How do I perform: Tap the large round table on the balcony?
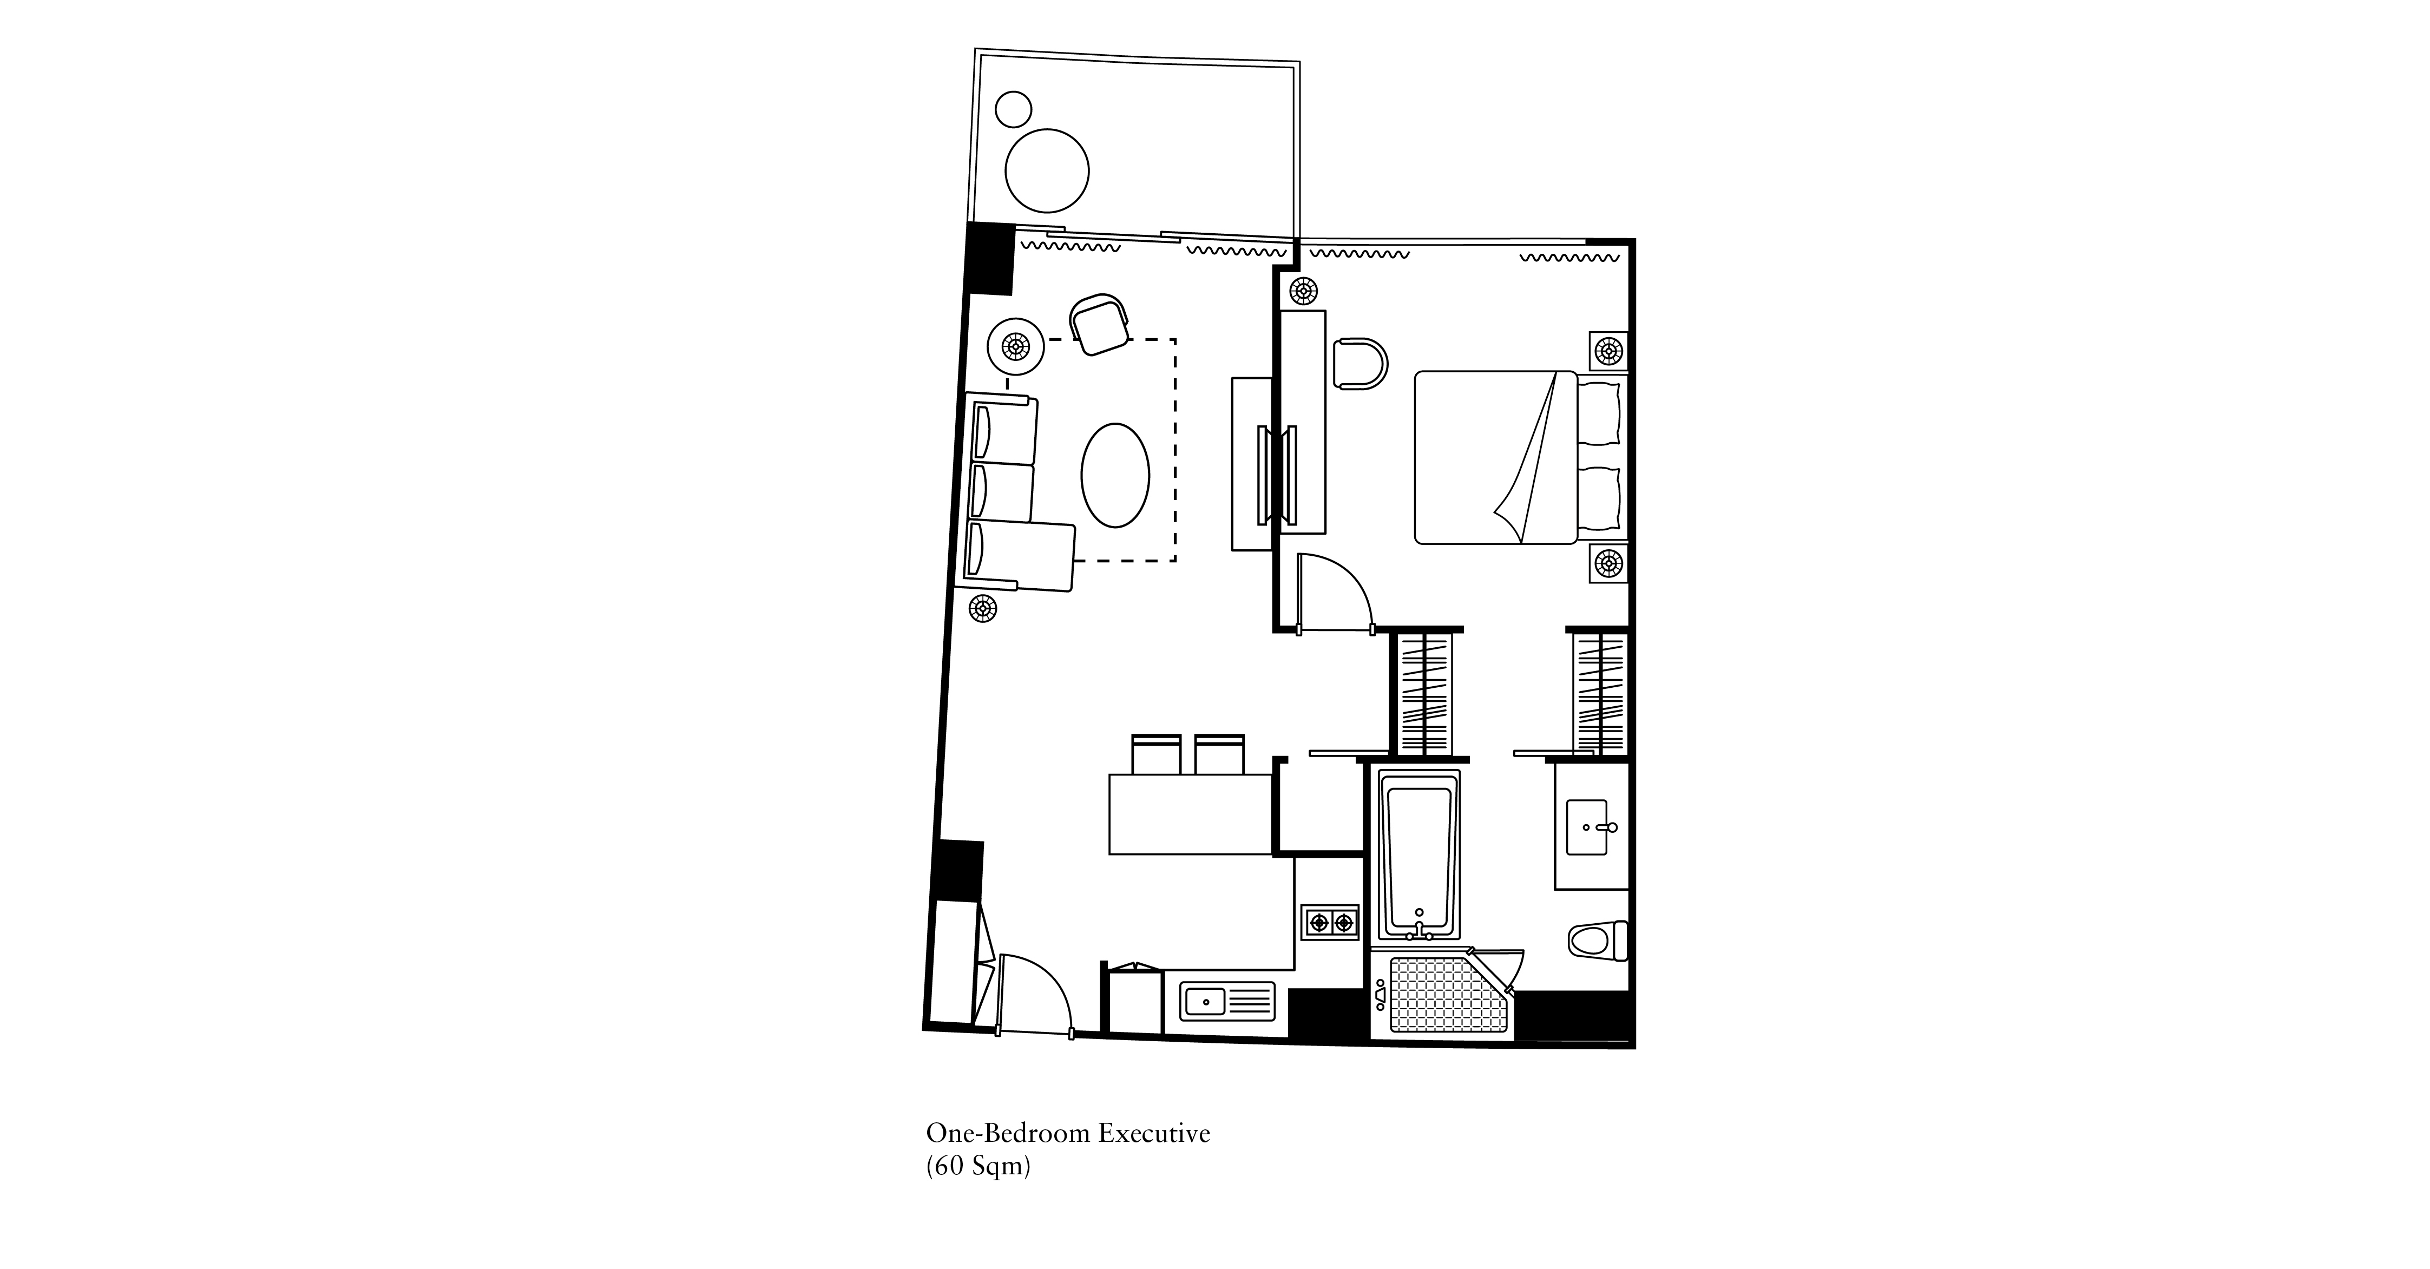tap(1047, 172)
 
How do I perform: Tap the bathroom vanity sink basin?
tap(1587, 827)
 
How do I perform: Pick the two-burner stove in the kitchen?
tap(1330, 922)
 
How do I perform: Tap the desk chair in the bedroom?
tap(1360, 363)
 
